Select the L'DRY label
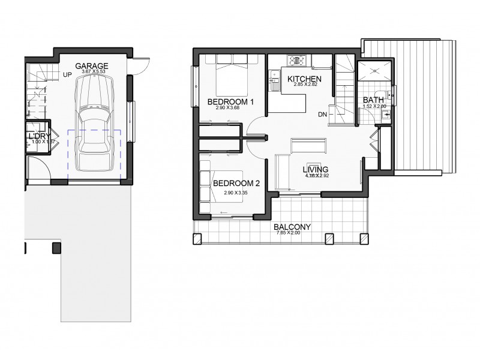pos(38,136)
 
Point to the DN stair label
pos(323,113)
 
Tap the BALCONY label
pos(292,227)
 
